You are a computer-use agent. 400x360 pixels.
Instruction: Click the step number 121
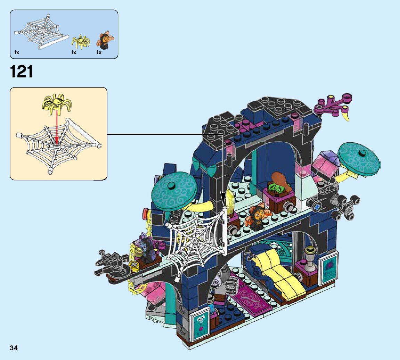22,72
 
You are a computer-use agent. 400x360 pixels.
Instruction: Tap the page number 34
14,348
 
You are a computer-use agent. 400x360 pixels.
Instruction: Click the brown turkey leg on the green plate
279,180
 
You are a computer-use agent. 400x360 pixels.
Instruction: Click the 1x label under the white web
17,52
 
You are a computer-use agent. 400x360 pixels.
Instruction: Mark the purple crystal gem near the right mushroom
326,159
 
